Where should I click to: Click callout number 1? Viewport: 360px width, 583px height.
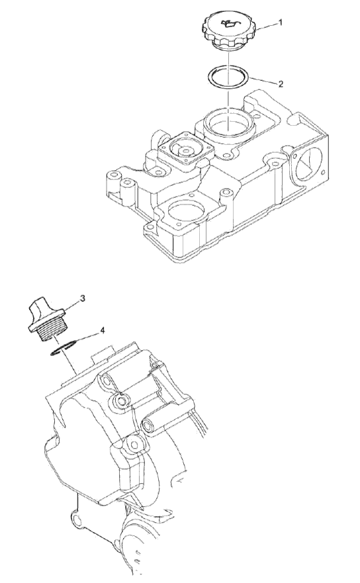(281, 22)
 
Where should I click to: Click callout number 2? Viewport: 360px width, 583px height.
(281, 84)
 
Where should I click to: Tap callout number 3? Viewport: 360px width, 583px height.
(83, 298)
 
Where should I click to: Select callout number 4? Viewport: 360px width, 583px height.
(103, 330)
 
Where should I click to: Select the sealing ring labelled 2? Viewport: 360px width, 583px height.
(228, 77)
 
